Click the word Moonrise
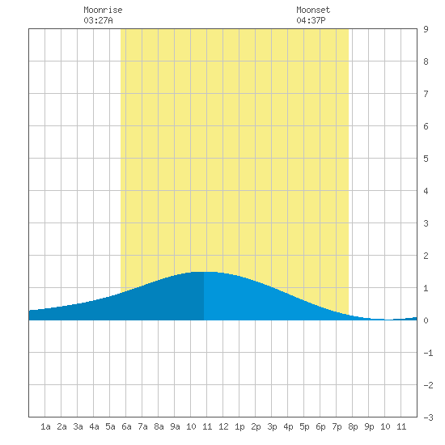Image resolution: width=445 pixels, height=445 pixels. [103, 10]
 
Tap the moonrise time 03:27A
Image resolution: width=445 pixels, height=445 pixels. [98, 20]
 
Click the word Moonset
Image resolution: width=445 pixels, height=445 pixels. [313, 10]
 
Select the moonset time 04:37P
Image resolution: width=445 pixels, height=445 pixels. [311, 20]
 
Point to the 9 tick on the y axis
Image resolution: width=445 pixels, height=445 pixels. [426, 29]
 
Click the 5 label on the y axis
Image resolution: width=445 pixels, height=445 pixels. [426, 159]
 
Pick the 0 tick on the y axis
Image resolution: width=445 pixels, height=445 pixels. [426, 320]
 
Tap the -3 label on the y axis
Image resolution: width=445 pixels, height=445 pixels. [429, 417]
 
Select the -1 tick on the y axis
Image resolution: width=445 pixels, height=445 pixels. [429, 353]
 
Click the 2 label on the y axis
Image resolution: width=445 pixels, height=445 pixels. [426, 256]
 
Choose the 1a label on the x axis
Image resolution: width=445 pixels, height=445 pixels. [45, 426]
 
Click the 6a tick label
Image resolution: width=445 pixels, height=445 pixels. [126, 426]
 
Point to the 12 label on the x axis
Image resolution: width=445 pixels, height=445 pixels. [223, 426]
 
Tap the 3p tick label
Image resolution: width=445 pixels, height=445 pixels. [272, 426]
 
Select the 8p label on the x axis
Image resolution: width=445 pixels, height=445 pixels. [353, 426]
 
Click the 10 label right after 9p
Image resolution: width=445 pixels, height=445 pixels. [385, 426]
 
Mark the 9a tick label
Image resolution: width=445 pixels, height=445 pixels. [175, 426]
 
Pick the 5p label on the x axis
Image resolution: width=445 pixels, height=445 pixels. [304, 426]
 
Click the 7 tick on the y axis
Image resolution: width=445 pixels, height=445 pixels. [426, 94]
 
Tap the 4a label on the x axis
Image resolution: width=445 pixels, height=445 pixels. [94, 426]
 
